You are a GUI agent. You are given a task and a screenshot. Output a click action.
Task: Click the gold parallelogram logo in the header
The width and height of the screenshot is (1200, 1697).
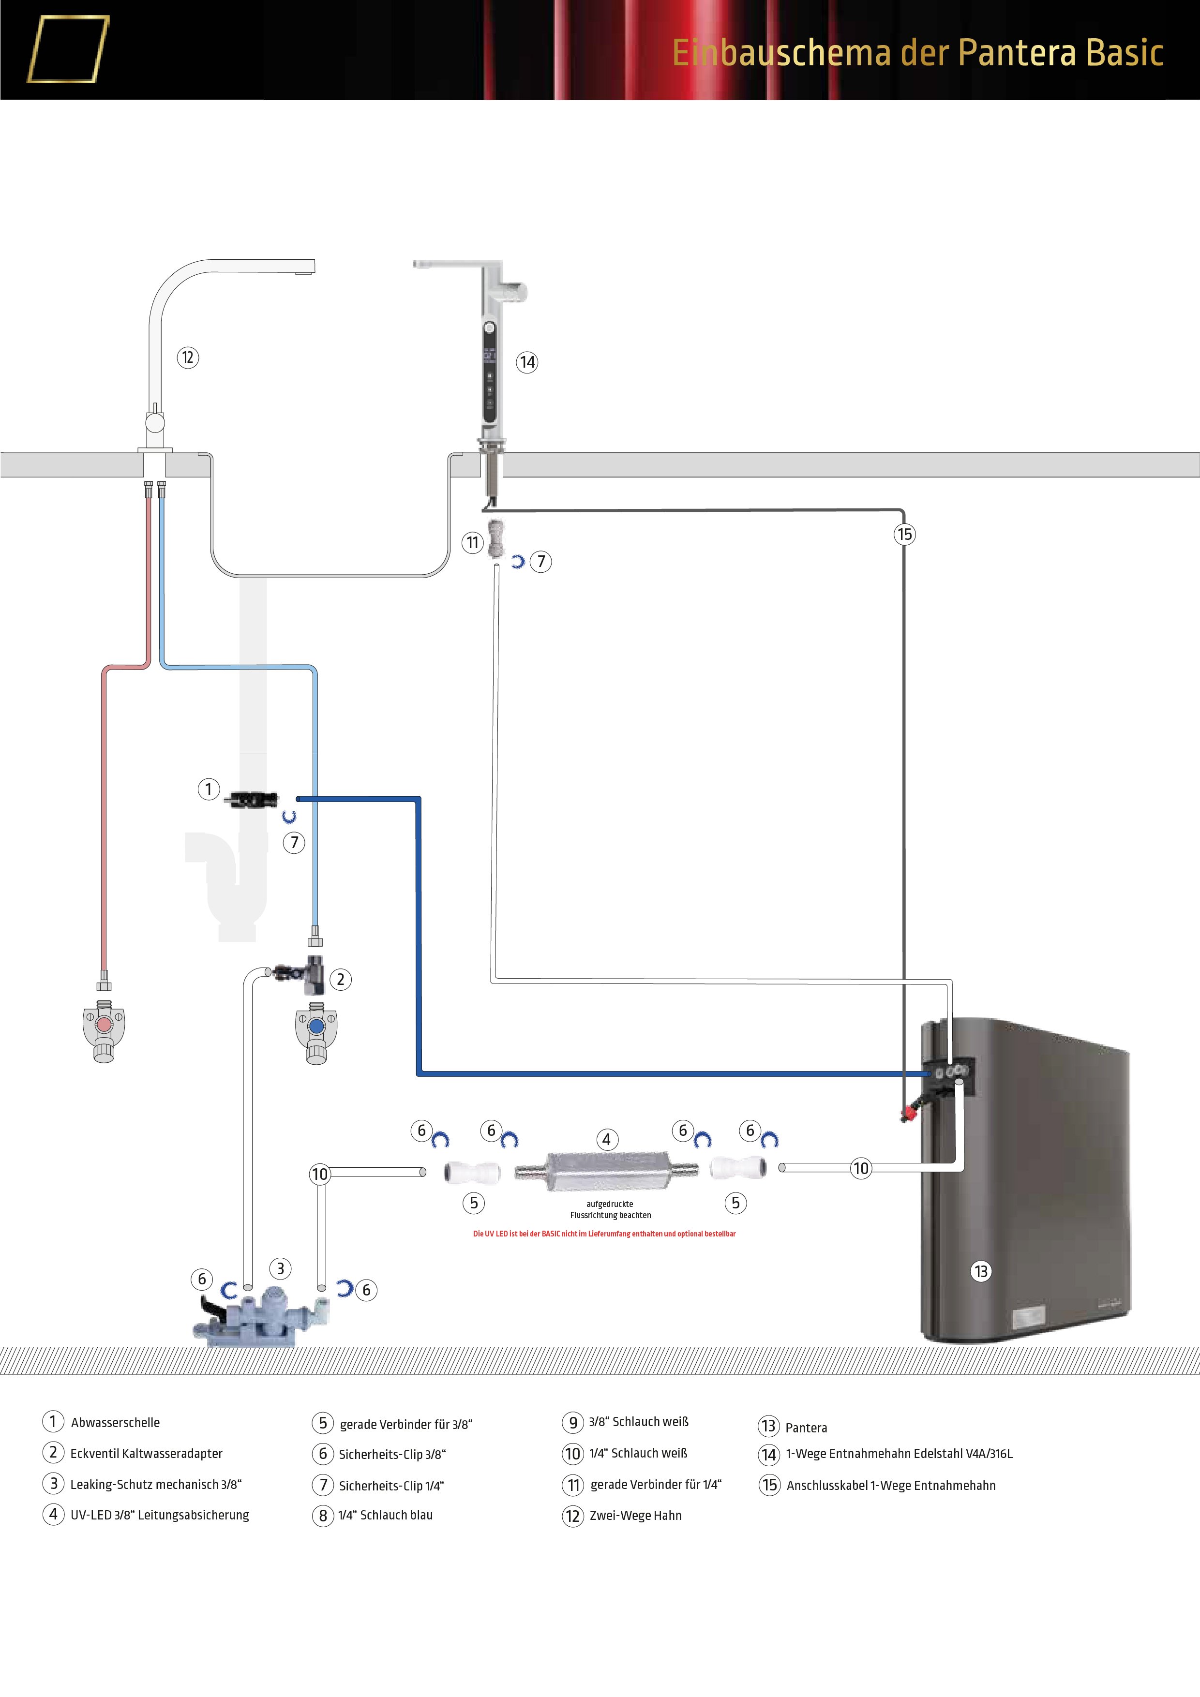[x=68, y=49]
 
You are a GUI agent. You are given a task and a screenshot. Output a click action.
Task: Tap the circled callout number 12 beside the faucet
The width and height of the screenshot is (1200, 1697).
[x=188, y=357]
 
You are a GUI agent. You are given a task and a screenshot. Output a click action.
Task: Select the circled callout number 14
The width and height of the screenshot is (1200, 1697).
[x=527, y=362]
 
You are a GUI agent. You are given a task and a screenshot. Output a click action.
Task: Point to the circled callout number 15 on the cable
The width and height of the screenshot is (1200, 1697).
[x=904, y=535]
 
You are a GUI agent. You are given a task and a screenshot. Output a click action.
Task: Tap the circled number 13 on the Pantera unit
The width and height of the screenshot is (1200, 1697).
[x=980, y=1271]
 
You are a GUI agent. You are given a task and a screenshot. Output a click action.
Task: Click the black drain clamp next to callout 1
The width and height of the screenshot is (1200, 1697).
[x=252, y=799]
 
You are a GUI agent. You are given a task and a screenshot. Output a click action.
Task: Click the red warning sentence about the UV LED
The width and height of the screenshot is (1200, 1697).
[x=604, y=1234]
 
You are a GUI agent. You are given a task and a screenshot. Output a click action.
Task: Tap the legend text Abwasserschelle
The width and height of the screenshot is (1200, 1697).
[x=115, y=1423]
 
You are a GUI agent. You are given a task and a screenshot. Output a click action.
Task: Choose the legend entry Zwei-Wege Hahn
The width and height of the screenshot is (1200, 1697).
[x=635, y=1515]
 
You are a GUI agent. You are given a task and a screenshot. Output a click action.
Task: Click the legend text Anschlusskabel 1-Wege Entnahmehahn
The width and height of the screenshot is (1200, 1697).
[x=891, y=1486]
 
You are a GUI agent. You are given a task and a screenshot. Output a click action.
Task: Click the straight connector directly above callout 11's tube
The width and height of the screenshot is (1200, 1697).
[x=495, y=537]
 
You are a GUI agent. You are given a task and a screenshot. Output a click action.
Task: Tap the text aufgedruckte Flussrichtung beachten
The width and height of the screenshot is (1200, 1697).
[x=610, y=1209]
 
